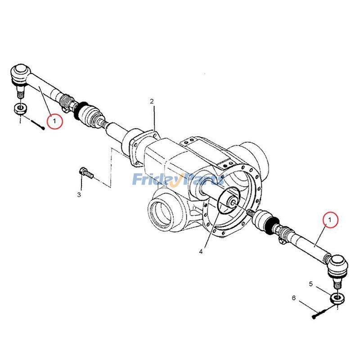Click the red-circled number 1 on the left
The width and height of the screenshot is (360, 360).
pyautogui.click(x=55, y=121)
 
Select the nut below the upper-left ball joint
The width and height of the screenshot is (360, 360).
pyautogui.click(x=20, y=108)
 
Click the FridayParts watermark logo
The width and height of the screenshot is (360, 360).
pyautogui.click(x=178, y=180)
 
